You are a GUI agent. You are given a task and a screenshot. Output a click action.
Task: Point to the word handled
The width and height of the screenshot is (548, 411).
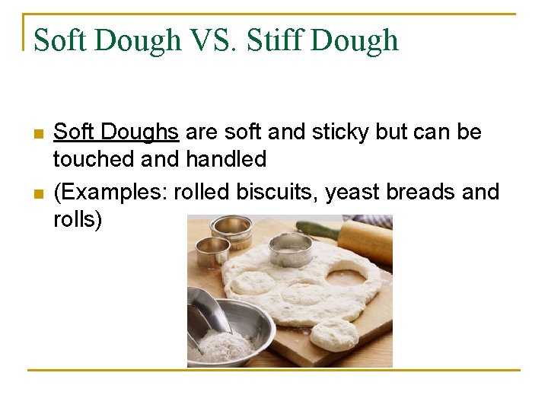pos(226,159)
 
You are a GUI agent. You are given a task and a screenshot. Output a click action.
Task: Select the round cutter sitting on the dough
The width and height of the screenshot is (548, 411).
pos(290,250)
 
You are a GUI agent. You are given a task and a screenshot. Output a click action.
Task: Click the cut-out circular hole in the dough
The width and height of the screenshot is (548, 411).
pos(346,272)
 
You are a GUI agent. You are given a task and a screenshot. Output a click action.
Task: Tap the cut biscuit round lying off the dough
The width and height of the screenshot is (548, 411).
pos(335,335)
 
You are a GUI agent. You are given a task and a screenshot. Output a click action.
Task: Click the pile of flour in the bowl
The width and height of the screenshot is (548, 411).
pos(225,346)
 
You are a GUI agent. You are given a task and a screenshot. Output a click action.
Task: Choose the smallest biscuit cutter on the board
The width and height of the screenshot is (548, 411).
pos(212,251)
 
